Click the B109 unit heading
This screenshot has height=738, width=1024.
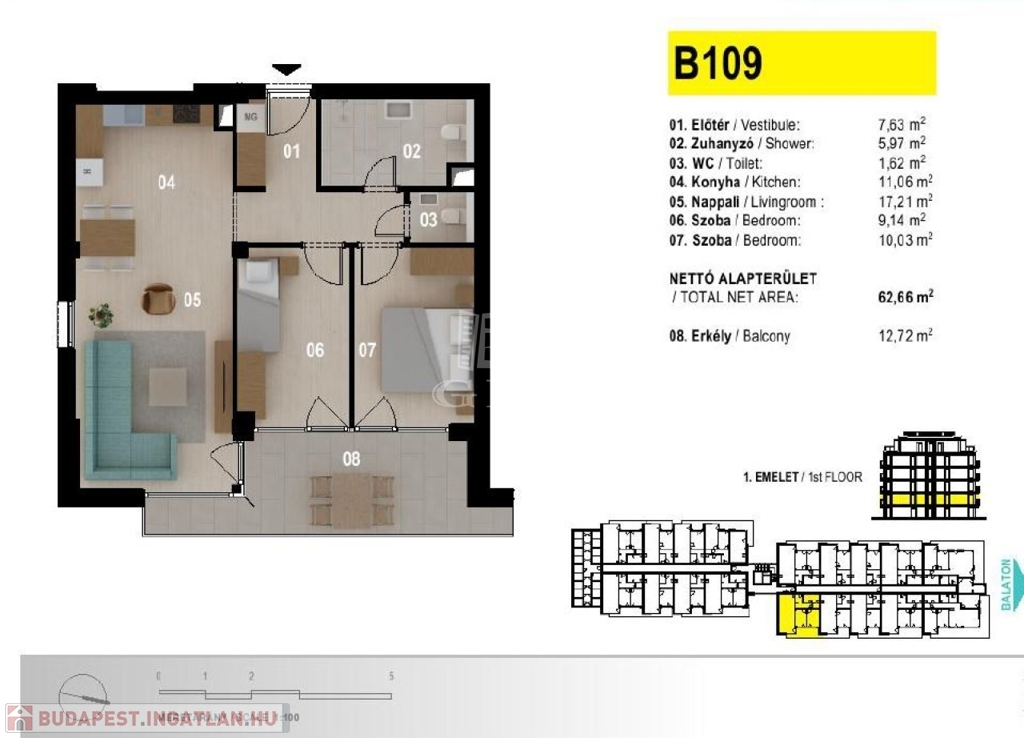tap(718, 63)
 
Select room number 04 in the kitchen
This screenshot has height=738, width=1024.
tap(166, 182)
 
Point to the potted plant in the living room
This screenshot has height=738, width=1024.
tap(100, 316)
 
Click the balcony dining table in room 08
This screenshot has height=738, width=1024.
tap(351, 499)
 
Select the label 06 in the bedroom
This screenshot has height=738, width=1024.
tap(315, 351)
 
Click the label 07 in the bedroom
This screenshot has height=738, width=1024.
tap(367, 351)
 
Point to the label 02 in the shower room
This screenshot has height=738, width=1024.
tap(412, 153)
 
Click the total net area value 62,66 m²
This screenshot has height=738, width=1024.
tap(904, 297)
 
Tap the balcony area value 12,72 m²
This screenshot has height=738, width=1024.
tap(904, 336)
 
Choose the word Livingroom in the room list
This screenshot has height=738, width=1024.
tap(791, 202)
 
